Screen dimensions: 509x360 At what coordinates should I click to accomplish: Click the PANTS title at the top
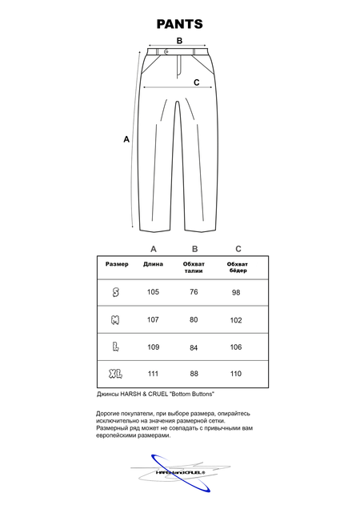tap(179, 24)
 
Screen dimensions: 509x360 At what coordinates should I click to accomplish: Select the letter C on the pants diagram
tap(196, 82)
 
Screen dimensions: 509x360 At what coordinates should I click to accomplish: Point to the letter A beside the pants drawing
tap(126, 139)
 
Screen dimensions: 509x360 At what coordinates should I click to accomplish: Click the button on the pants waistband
tap(166, 53)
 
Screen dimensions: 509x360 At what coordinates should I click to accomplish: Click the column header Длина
tap(153, 264)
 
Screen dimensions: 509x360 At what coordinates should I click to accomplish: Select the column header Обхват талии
tap(194, 267)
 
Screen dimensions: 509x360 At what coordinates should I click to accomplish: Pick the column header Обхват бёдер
tap(237, 267)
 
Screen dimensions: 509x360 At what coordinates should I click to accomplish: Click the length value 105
tap(153, 292)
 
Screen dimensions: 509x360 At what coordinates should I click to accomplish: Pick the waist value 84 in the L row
tap(194, 347)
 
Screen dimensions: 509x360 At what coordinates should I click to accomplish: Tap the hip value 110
tap(236, 374)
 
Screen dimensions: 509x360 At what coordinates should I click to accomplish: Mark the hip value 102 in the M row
tap(236, 320)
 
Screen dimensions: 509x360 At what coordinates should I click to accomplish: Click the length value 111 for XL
tap(153, 374)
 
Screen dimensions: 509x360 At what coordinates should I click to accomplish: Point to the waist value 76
tap(194, 292)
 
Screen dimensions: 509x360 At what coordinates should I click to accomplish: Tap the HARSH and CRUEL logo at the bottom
tap(179, 472)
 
